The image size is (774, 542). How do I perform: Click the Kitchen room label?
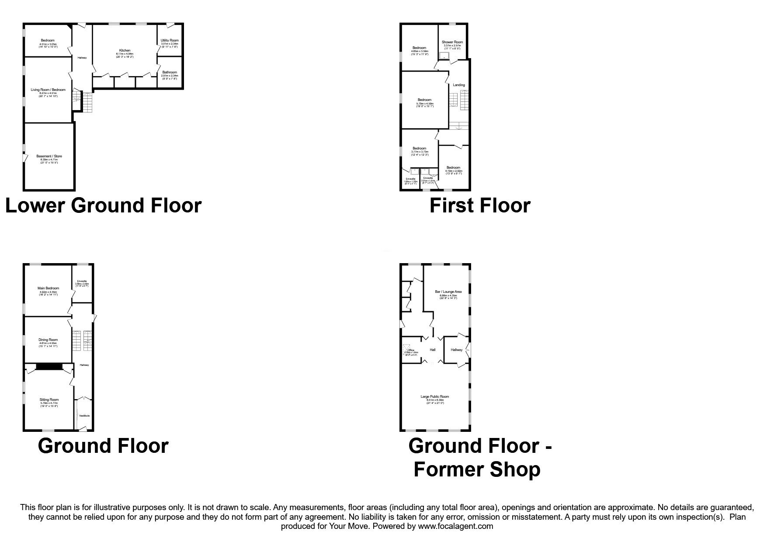(x=125, y=51)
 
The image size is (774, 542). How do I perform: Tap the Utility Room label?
(x=170, y=41)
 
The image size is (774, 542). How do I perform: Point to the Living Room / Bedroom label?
(x=48, y=90)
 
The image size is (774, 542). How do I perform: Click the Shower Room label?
(x=452, y=42)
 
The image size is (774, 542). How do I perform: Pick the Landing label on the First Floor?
(x=458, y=85)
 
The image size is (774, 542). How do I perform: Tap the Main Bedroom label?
(x=48, y=288)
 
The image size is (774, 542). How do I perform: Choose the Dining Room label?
(x=48, y=340)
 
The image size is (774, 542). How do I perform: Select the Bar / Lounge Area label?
(x=448, y=292)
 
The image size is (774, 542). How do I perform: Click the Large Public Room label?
(x=434, y=397)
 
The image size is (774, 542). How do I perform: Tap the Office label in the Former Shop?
(x=411, y=350)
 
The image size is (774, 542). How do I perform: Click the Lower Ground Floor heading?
(x=103, y=205)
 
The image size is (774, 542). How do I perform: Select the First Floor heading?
(x=480, y=205)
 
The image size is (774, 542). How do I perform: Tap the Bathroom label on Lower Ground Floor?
(x=170, y=72)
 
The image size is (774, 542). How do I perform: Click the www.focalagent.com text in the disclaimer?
(x=455, y=526)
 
